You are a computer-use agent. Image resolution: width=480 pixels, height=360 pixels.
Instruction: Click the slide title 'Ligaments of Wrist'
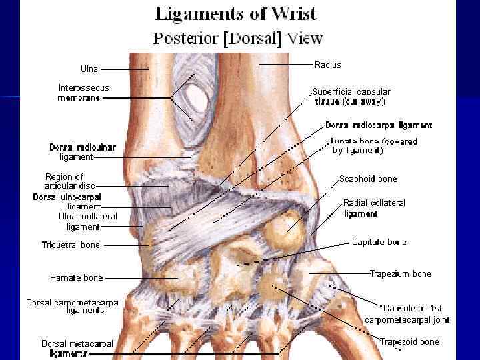pos(236,13)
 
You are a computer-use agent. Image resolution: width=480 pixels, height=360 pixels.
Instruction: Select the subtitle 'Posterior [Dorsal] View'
pos(237,39)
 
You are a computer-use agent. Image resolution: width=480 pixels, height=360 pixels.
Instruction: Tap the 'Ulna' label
pos(89,69)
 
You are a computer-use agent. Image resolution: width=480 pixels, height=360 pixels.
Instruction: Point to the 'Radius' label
pos(327,65)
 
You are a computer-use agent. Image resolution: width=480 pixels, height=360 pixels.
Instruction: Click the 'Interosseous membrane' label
pos(79,93)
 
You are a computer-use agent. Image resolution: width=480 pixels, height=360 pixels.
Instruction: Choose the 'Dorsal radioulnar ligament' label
pos(71,152)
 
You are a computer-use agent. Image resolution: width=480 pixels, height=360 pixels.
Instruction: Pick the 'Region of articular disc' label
pos(69,181)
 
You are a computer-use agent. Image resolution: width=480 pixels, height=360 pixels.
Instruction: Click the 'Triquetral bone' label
pos(71,245)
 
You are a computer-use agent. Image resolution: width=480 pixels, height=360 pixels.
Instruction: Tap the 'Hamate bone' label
pos(76,277)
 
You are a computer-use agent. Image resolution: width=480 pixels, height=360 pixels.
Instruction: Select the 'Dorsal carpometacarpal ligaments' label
pos(73,306)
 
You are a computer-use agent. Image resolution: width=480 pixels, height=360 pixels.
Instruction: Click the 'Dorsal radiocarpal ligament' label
pos(379,125)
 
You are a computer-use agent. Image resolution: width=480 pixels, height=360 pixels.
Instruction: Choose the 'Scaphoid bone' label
pos(367,179)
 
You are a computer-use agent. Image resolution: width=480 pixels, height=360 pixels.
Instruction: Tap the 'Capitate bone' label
pos(379,242)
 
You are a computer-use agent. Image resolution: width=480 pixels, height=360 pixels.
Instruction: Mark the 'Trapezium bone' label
pos(401,273)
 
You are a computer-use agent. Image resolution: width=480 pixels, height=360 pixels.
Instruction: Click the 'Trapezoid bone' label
pos(409,342)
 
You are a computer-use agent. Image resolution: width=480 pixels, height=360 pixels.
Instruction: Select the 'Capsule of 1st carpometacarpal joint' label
pos(407,314)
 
